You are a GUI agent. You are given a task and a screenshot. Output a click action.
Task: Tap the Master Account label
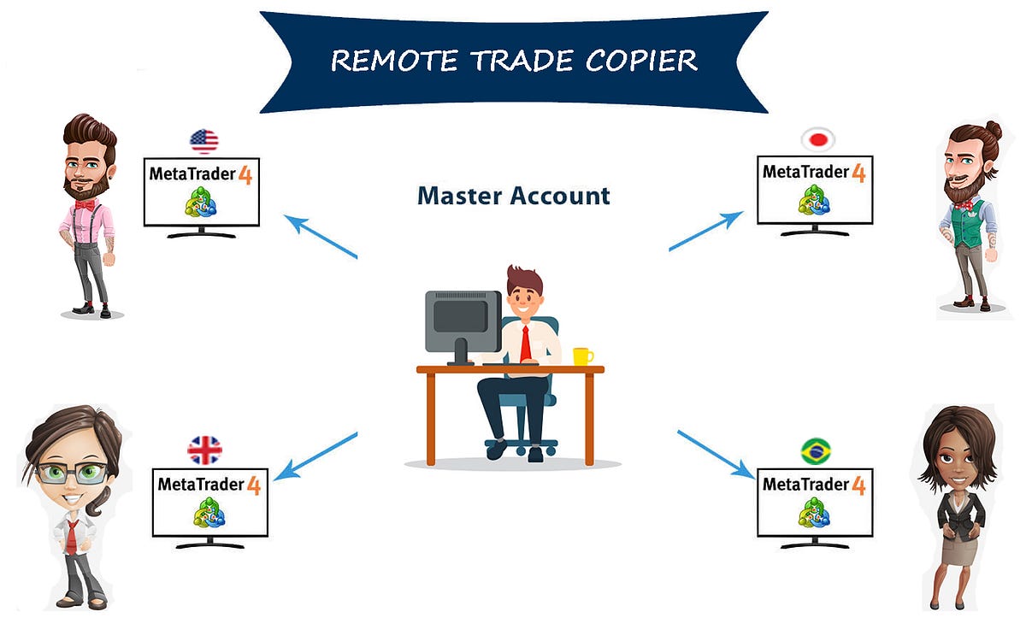(513, 196)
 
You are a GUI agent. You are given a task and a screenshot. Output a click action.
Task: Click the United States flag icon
(203, 141)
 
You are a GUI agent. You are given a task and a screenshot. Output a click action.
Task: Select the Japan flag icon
(817, 139)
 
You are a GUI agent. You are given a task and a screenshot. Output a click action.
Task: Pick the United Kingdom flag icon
(204, 450)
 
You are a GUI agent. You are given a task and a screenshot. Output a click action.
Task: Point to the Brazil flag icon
(816, 450)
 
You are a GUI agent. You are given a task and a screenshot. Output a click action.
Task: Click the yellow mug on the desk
(582, 356)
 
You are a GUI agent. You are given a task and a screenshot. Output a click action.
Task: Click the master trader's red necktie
(526, 343)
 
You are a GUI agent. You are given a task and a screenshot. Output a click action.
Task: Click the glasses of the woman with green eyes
(72, 473)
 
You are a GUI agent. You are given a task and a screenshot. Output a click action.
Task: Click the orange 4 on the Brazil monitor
(858, 485)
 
